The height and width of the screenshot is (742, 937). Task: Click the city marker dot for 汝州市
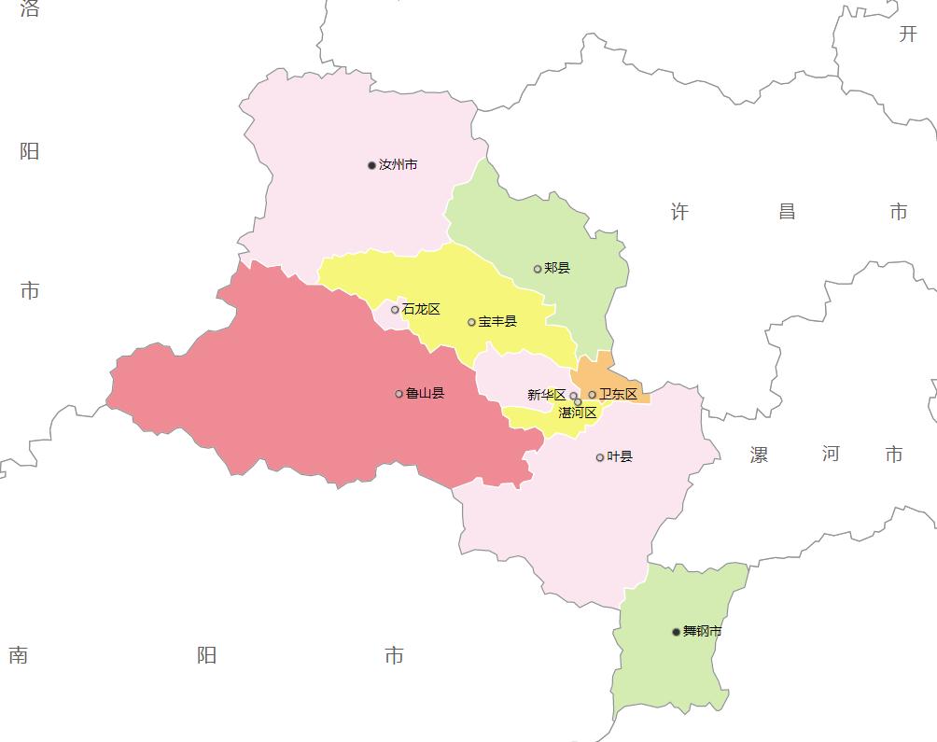[x=371, y=165]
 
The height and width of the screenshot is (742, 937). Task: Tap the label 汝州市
[x=399, y=165]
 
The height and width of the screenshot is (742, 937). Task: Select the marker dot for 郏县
[x=538, y=269]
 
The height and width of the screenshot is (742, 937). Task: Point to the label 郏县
[x=557, y=269]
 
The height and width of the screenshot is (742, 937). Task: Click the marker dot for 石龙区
[x=395, y=310]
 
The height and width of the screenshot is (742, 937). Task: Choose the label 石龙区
[x=422, y=310]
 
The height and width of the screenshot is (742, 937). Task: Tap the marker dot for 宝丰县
[x=471, y=322]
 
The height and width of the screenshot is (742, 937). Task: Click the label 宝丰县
[x=497, y=322]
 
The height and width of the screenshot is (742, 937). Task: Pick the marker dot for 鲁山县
[x=399, y=394]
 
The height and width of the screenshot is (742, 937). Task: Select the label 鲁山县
[x=426, y=394]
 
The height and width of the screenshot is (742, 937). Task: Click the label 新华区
[x=546, y=395]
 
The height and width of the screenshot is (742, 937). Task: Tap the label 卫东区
[x=619, y=395]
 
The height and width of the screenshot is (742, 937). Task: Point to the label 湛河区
[x=578, y=413]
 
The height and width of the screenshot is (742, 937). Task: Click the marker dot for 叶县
[x=599, y=457]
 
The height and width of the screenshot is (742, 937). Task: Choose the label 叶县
[x=620, y=457]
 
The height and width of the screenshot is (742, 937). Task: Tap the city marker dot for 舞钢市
[x=676, y=632]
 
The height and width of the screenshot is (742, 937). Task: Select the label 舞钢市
[x=703, y=632]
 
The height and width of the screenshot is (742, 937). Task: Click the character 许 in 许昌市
[x=679, y=213]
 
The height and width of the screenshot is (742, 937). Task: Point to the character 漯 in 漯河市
[x=760, y=455]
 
